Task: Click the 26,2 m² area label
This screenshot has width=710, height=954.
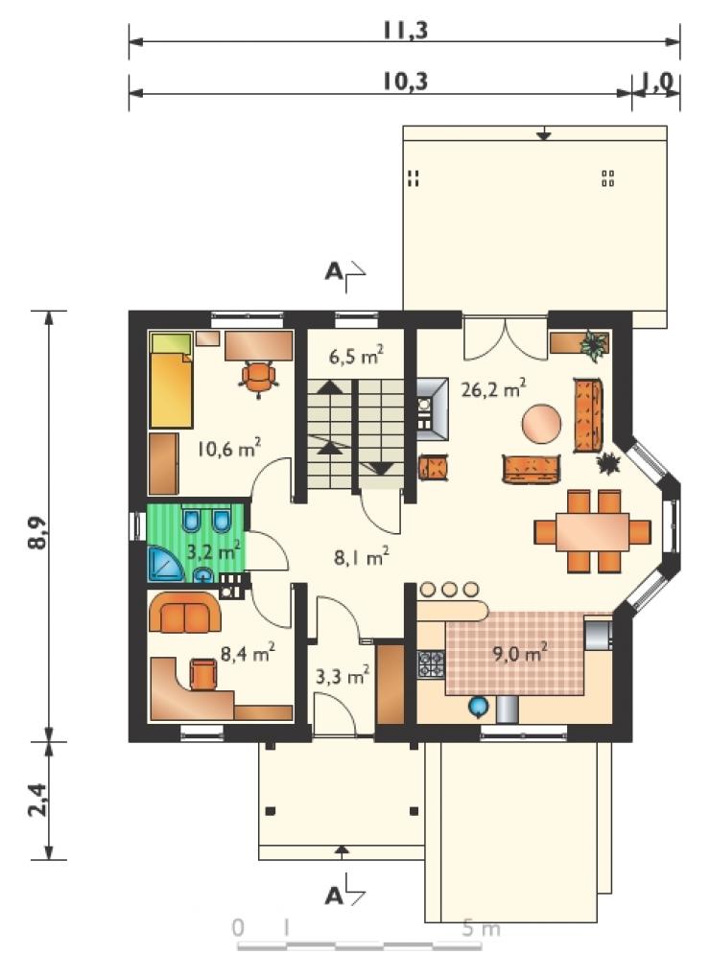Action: [x=493, y=388]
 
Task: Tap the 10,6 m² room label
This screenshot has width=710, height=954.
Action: [x=229, y=449]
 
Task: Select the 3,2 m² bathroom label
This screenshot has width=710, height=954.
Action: [x=213, y=551]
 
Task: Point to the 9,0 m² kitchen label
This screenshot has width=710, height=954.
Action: [x=519, y=654]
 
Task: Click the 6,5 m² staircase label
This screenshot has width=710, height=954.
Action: [x=356, y=355]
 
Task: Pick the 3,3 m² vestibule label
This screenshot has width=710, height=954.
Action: [x=343, y=675]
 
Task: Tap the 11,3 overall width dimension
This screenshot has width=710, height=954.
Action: [x=406, y=29]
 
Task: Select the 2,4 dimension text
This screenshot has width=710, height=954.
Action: [x=37, y=799]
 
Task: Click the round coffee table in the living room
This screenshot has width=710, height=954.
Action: [x=541, y=424]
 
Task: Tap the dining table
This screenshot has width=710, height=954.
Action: [x=593, y=532]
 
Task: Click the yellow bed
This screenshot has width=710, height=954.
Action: [x=171, y=381]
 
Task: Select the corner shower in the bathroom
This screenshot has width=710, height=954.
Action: [x=164, y=564]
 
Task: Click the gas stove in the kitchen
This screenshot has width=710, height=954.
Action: [x=431, y=664]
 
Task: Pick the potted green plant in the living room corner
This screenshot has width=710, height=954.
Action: [x=594, y=345]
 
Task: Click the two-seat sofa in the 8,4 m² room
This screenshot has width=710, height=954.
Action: [x=184, y=613]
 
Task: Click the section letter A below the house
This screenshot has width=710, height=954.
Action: [x=334, y=896]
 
